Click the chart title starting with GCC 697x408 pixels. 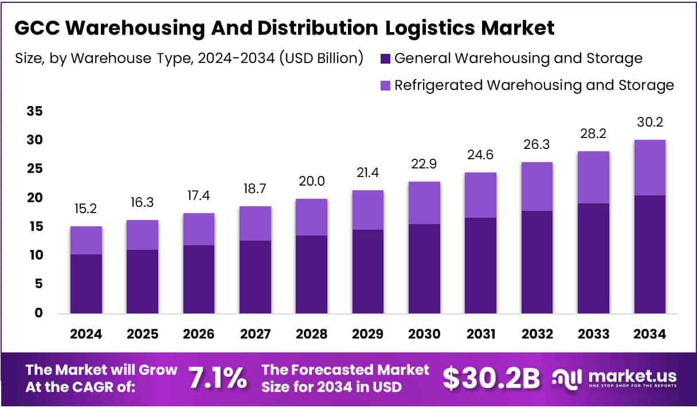pos(284,28)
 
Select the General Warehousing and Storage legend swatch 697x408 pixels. pos(385,58)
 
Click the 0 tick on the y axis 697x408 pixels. pos(38,313)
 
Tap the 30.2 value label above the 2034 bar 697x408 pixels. pos(649,122)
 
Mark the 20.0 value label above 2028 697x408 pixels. pos(311,182)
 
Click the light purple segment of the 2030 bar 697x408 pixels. pos(424,203)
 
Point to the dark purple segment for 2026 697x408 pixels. pos(199,279)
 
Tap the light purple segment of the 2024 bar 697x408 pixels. pos(86,240)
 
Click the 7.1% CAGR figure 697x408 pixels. pos(218,379)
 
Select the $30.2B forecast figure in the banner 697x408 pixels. pos(491,379)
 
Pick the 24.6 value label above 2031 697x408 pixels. pos(480,155)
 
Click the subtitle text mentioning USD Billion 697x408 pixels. pos(189,58)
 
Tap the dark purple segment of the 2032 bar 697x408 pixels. pos(537,262)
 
